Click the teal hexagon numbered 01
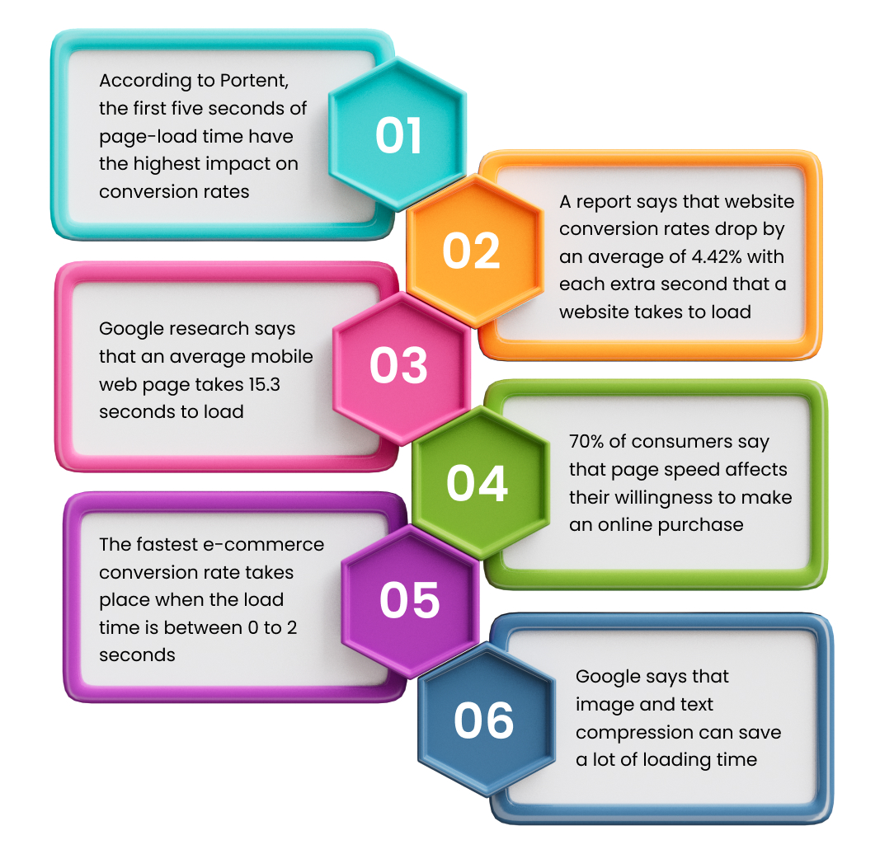398,134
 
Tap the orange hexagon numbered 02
475,251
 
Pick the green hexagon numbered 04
480,483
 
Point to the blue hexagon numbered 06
487,720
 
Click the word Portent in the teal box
254,81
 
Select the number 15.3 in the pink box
265,384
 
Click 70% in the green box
586,442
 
